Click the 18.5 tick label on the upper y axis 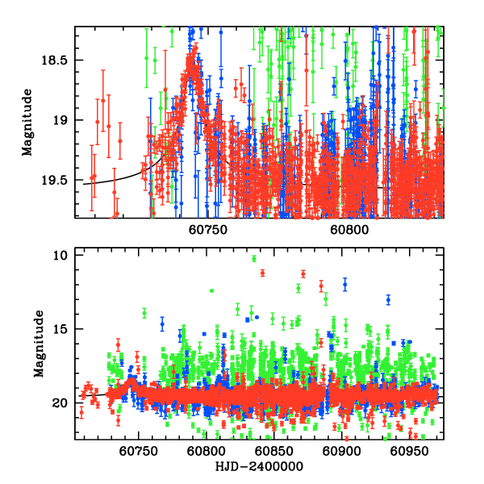[x=56, y=60]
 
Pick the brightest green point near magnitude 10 [x=254, y=258]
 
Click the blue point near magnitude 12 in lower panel [x=345, y=284]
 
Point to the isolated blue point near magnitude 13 [x=388, y=299]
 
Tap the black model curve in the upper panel [x=105, y=181]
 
